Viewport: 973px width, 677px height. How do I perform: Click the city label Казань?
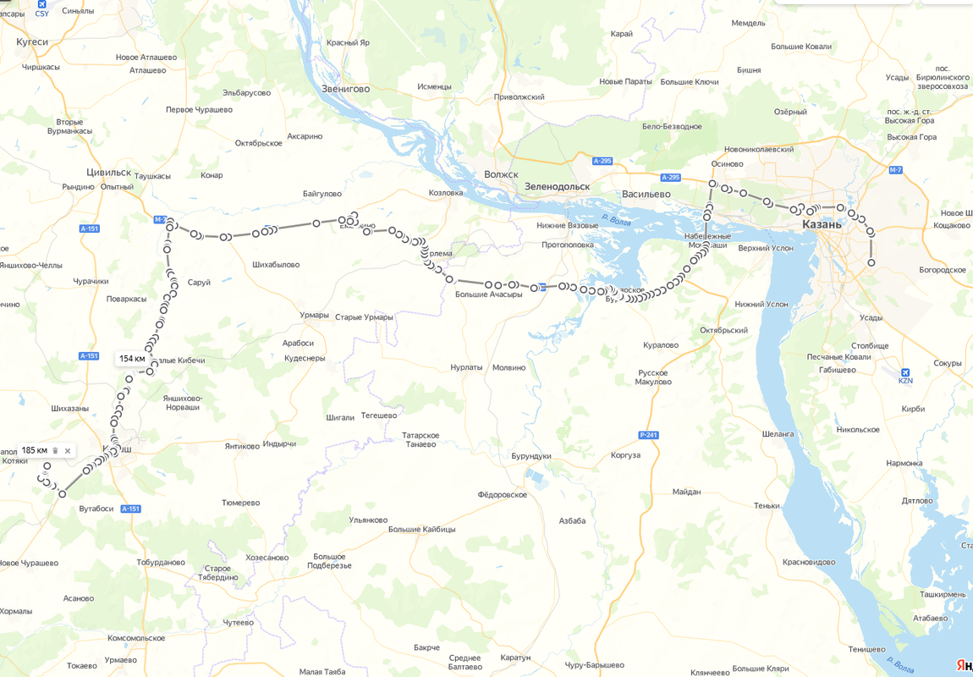(822, 224)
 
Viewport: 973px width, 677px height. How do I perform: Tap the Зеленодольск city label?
(556, 186)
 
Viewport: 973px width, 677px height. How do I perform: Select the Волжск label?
(501, 174)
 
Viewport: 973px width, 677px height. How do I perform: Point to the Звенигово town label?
(345, 88)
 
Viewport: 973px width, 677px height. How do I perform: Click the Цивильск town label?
(108, 172)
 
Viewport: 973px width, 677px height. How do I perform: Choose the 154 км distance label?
(132, 359)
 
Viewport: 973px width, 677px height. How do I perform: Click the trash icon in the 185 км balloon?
(56, 451)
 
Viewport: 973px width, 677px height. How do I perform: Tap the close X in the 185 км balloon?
(68, 451)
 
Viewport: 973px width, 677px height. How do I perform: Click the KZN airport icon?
(905, 372)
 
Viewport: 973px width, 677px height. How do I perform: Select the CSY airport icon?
(41, 4)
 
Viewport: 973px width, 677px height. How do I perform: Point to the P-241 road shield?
(648, 435)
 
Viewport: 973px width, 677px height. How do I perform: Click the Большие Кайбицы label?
(421, 529)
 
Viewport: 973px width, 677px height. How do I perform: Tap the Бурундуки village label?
(531, 456)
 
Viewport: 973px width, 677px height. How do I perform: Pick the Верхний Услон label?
(766, 248)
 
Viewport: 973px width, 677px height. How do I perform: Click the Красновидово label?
(809, 562)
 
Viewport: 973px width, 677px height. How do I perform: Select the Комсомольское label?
(136, 638)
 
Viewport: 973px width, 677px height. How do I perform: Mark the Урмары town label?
(314, 315)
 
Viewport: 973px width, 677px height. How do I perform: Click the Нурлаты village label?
(466, 367)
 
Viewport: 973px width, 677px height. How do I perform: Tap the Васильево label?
(646, 194)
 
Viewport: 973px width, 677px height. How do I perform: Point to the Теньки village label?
(767, 506)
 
